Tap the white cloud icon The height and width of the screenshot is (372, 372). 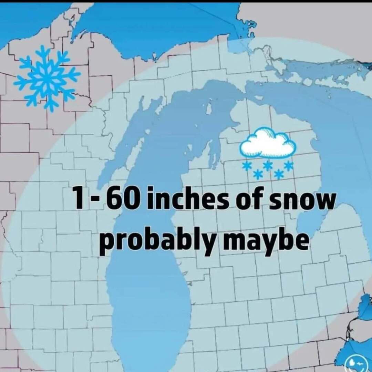pos(268,143)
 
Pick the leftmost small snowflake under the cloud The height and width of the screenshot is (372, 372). pos(246,166)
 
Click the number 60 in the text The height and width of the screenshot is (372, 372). pos(122,199)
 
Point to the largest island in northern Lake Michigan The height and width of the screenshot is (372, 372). pos(208,108)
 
